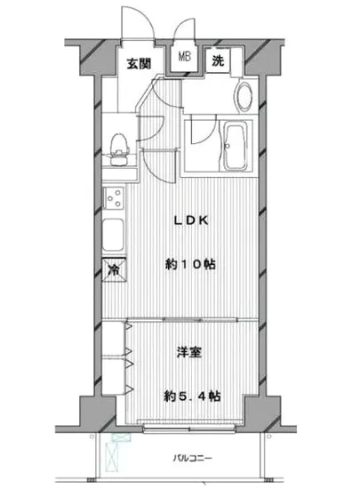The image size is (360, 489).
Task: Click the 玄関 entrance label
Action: point(138,63)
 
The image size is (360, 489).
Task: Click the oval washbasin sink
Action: point(243,97)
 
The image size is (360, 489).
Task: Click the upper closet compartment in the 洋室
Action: point(113,341)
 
